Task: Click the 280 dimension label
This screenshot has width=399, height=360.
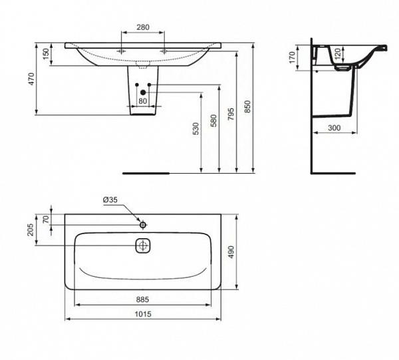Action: click(143, 27)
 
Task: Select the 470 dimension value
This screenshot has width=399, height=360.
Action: click(31, 79)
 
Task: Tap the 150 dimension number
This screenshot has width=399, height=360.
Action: click(46, 54)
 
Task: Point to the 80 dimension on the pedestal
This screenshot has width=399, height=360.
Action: click(142, 101)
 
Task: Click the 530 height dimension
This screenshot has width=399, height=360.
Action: click(196, 128)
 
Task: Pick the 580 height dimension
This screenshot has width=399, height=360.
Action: click(213, 120)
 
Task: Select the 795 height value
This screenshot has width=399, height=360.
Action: click(231, 114)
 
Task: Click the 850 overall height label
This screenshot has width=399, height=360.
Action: click(247, 106)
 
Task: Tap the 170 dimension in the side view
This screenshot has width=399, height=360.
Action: click(292, 57)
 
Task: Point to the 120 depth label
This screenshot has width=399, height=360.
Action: click(337, 54)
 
